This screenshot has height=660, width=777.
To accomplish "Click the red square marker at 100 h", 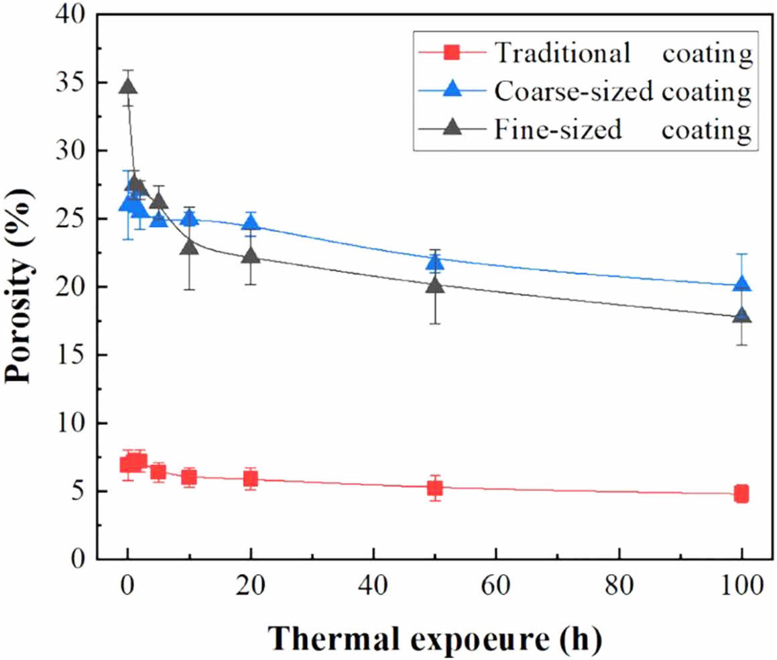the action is (741, 494).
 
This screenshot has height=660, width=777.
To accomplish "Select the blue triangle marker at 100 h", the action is (741, 284).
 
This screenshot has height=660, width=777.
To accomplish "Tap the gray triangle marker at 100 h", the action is (741, 315).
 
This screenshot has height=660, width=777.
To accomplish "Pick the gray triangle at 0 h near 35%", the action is (128, 87).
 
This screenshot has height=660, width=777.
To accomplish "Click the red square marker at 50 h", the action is (434, 488).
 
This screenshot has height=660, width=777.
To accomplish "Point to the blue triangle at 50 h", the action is (434, 262).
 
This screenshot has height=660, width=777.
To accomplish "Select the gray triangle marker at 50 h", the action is (434, 285).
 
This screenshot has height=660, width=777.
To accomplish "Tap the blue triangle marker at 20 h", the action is (251, 222).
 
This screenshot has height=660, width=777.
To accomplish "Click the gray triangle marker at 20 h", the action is (251, 256).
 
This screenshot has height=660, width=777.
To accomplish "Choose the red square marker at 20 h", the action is (251, 479).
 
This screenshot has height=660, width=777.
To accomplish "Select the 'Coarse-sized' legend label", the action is (573, 91).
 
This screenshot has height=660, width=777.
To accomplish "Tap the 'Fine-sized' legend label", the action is (558, 129).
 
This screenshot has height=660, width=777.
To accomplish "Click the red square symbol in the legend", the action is (451, 52).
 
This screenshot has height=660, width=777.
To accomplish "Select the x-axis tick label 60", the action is (496, 586).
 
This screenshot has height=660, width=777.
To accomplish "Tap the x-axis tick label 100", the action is (742, 586).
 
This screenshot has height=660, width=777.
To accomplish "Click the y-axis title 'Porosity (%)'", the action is (19, 286).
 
